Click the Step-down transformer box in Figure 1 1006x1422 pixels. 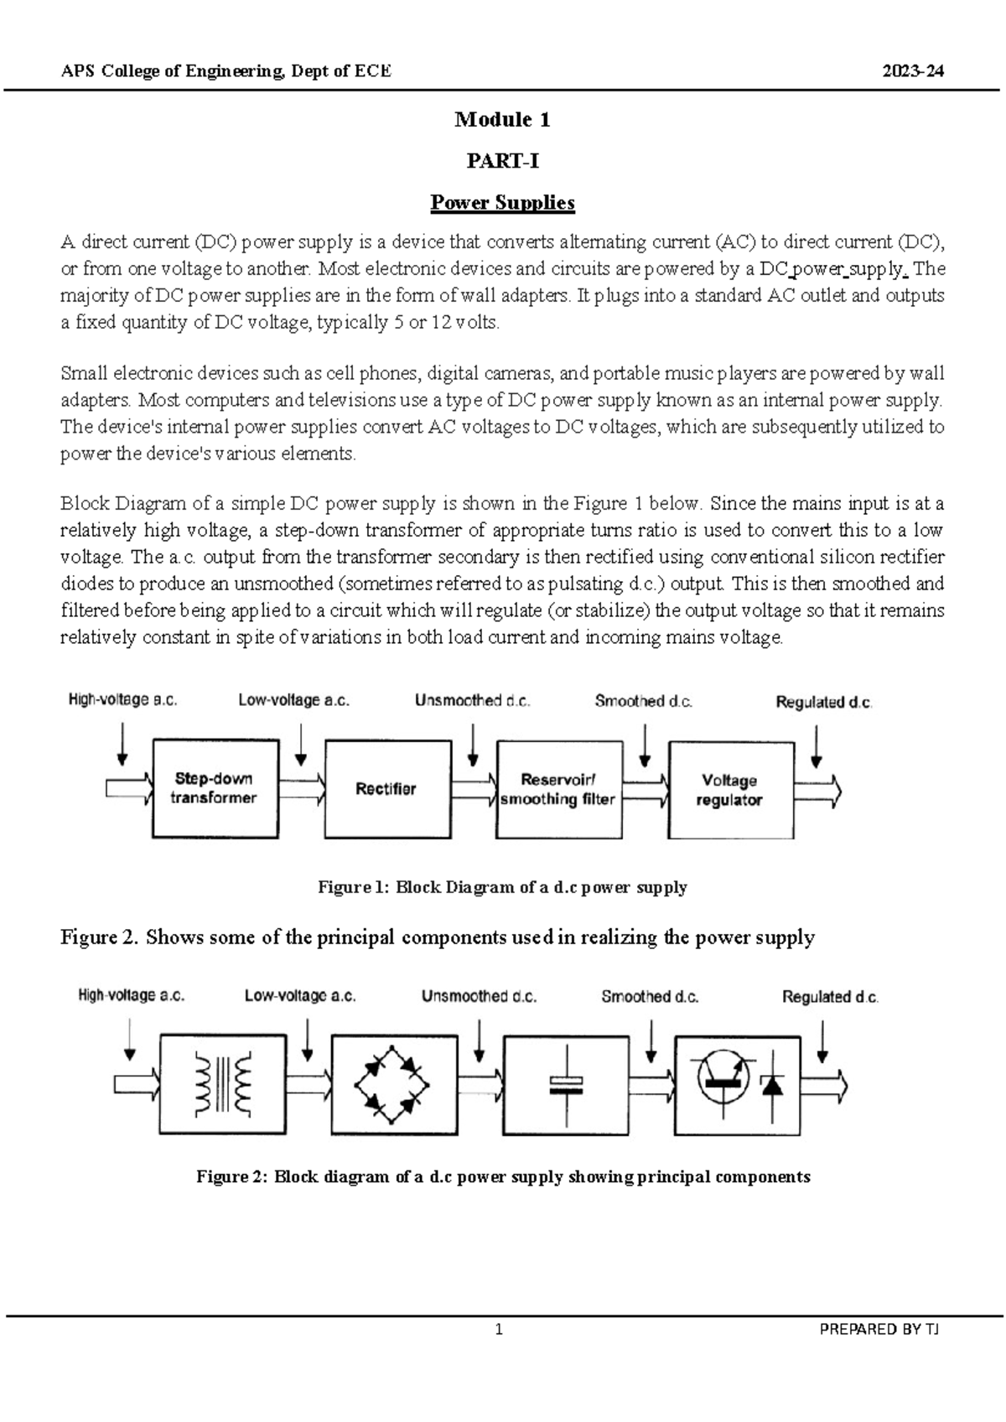coord(215,788)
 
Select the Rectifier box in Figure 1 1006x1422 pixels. coord(386,788)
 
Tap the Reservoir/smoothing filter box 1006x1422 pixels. coord(558,789)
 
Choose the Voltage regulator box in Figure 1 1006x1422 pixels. coord(730,789)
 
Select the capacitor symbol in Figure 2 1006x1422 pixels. coord(566,1085)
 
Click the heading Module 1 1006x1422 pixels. coord(502,120)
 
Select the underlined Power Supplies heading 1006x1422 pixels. coord(502,203)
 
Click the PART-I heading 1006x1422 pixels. coord(502,161)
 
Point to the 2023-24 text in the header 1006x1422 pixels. coord(913,71)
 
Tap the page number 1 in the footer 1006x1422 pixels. coord(499,1329)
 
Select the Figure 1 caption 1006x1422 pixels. coord(502,887)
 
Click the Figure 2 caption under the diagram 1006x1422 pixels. coord(503,1176)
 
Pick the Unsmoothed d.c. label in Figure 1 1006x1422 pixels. coord(472,701)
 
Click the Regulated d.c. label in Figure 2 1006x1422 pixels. coord(830,997)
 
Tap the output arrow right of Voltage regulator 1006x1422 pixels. coord(818,791)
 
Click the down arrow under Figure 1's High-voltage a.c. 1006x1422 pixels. coord(122,745)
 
